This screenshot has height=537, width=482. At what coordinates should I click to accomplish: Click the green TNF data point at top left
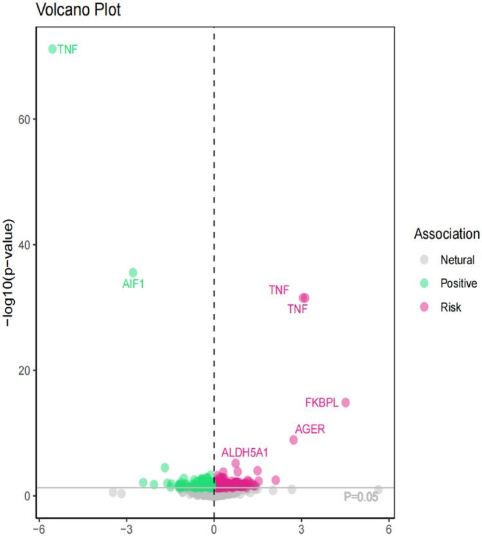point(53,49)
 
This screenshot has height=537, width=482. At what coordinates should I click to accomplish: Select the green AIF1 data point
point(133,273)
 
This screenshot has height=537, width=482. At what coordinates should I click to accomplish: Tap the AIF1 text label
point(133,284)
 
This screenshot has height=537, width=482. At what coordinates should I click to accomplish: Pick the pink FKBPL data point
point(346,403)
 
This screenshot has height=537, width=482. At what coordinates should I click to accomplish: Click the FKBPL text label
point(321,403)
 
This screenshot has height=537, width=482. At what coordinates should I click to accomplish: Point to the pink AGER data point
point(293,440)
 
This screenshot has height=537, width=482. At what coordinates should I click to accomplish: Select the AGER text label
point(310,429)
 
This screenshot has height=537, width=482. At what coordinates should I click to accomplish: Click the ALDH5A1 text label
point(245,453)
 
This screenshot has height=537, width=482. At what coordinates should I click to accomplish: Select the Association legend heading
point(447,233)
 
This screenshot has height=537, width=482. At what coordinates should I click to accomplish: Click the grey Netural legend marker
point(423,260)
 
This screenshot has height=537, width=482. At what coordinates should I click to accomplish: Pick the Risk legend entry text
point(450,308)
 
